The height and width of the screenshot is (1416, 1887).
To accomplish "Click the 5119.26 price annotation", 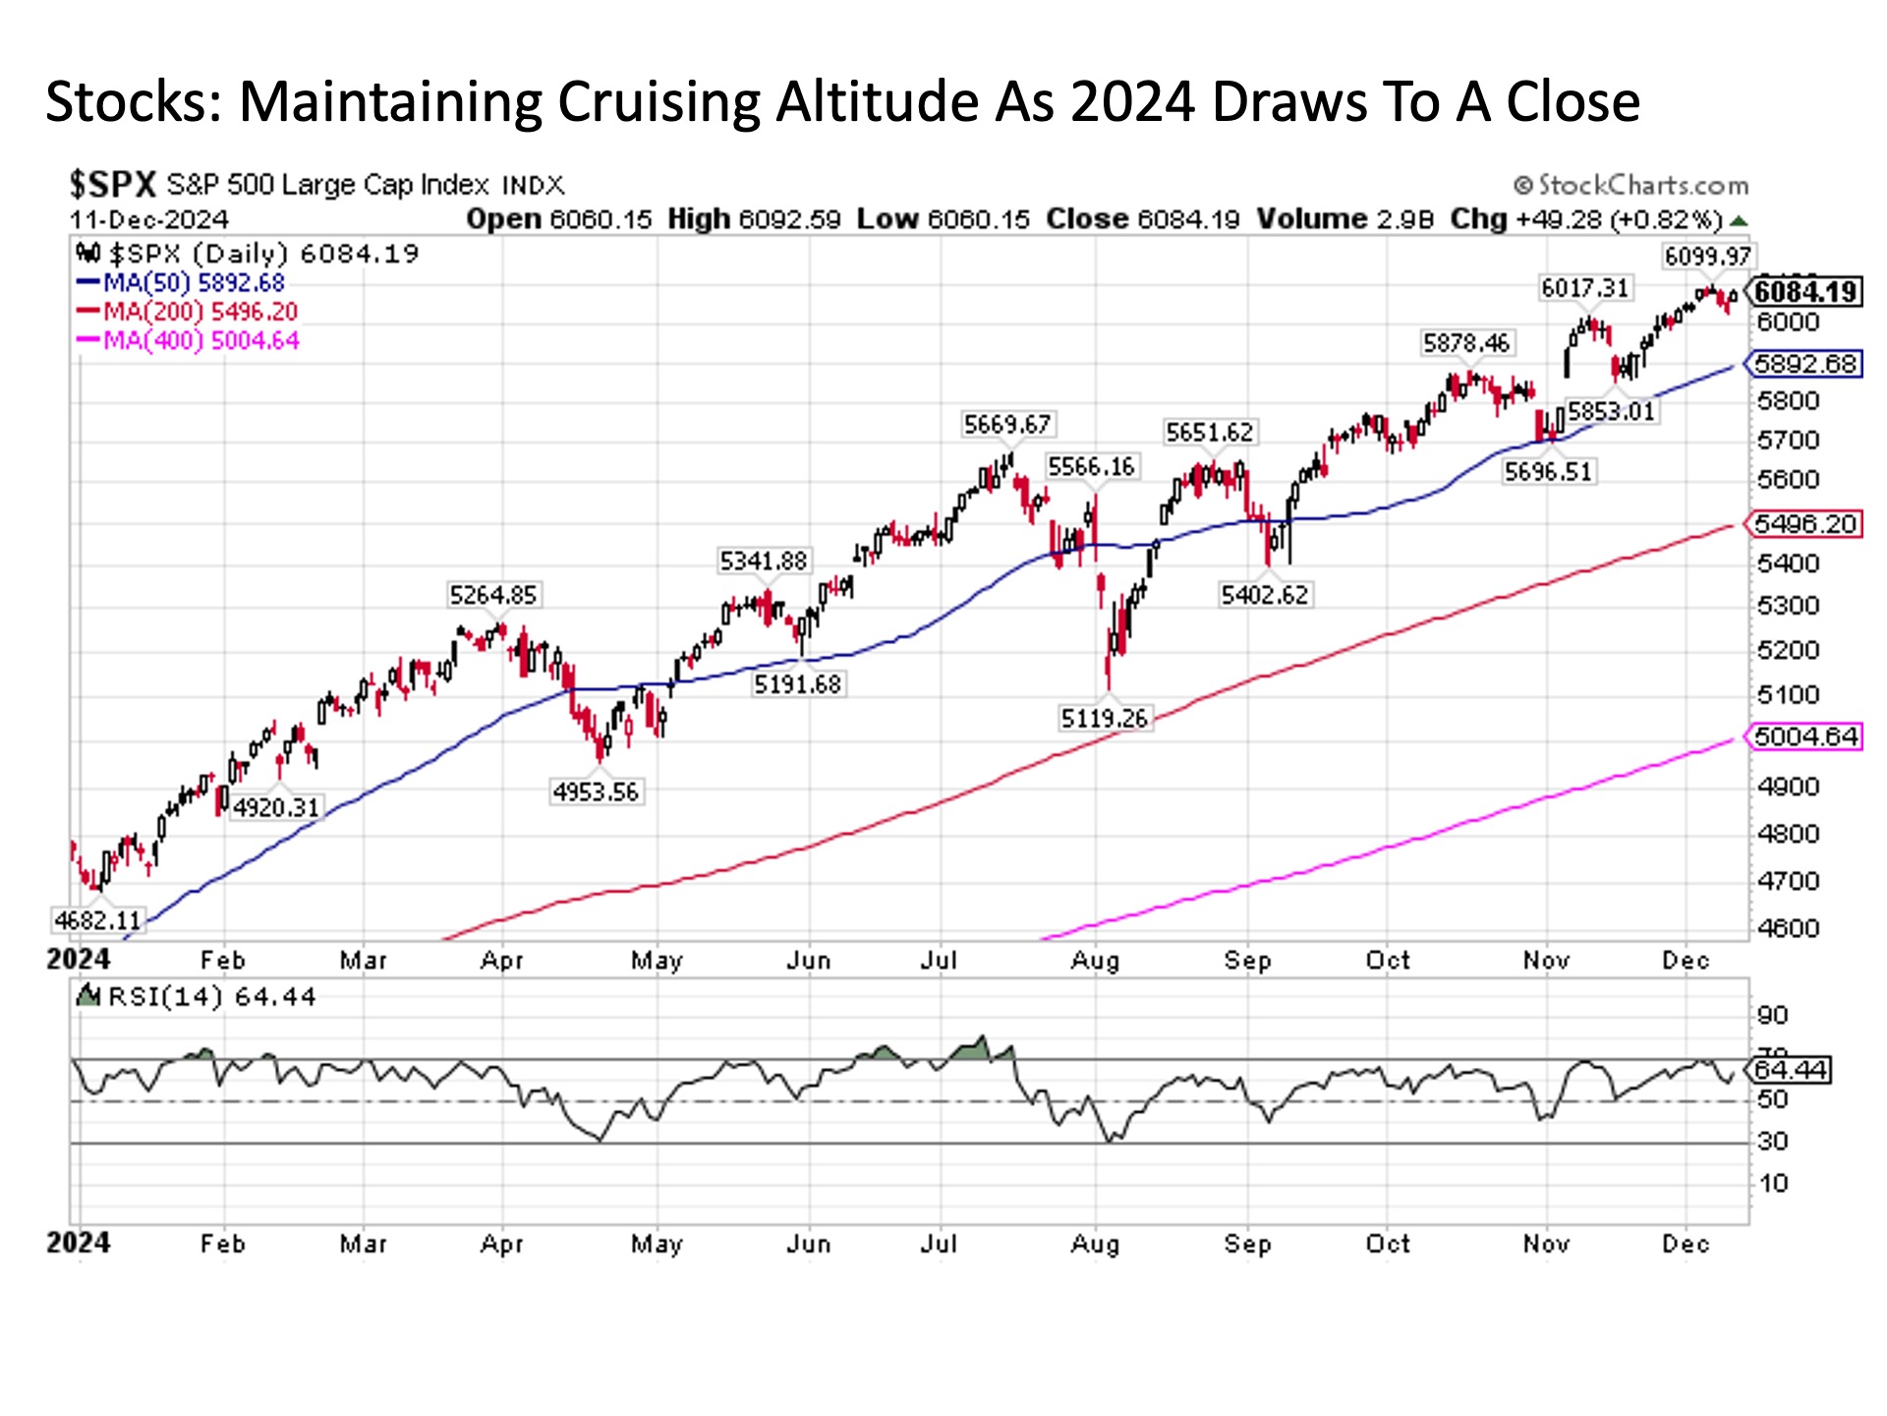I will [1104, 719].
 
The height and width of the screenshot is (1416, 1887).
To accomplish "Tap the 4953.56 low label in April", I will [596, 792].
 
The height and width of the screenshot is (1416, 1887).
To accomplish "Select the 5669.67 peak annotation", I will [1007, 425].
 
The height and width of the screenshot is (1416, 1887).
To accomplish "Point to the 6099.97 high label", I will [1707, 257].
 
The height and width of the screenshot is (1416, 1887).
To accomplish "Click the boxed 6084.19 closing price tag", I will [1805, 292].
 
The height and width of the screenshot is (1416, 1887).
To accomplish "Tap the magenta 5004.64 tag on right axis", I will [1805, 737].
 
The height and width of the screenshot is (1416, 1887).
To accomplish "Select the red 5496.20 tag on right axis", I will [1805, 524].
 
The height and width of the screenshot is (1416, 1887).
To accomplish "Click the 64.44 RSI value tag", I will [1790, 1070].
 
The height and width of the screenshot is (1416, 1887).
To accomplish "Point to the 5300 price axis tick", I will [1788, 606].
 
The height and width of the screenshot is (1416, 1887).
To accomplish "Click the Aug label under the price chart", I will [1095, 961].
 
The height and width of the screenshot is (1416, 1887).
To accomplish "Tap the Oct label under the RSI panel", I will [1388, 1244].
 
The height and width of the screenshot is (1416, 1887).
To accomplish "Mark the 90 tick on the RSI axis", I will [1773, 1016].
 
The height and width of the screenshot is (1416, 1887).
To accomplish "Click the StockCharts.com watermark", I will [1632, 185].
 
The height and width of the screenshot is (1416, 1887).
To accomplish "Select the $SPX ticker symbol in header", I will [112, 185].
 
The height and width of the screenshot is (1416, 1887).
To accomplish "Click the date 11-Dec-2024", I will [148, 219].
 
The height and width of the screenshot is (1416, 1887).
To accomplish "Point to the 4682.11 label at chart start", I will [98, 921].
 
